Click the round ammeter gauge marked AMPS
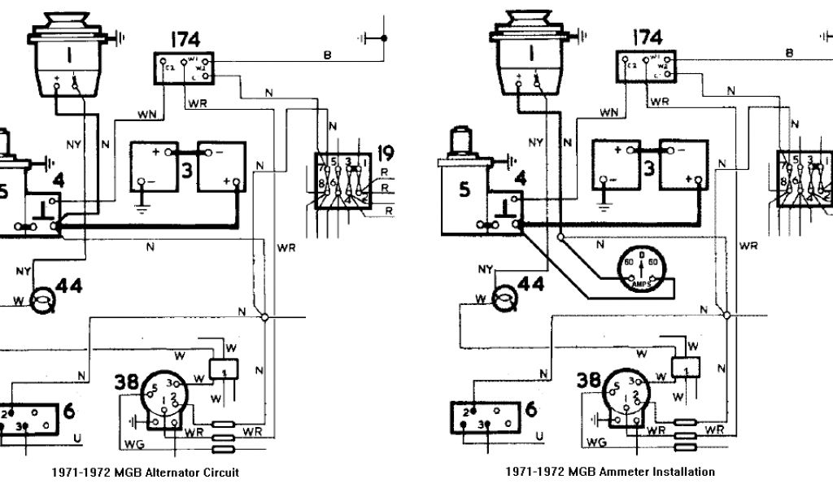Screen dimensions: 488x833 (638, 268)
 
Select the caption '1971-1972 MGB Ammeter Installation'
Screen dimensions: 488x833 (609, 472)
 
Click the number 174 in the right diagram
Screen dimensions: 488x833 (647, 37)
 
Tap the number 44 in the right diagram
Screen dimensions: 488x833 (530, 285)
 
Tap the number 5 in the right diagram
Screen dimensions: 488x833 (463, 190)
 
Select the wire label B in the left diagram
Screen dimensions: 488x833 (328, 54)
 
